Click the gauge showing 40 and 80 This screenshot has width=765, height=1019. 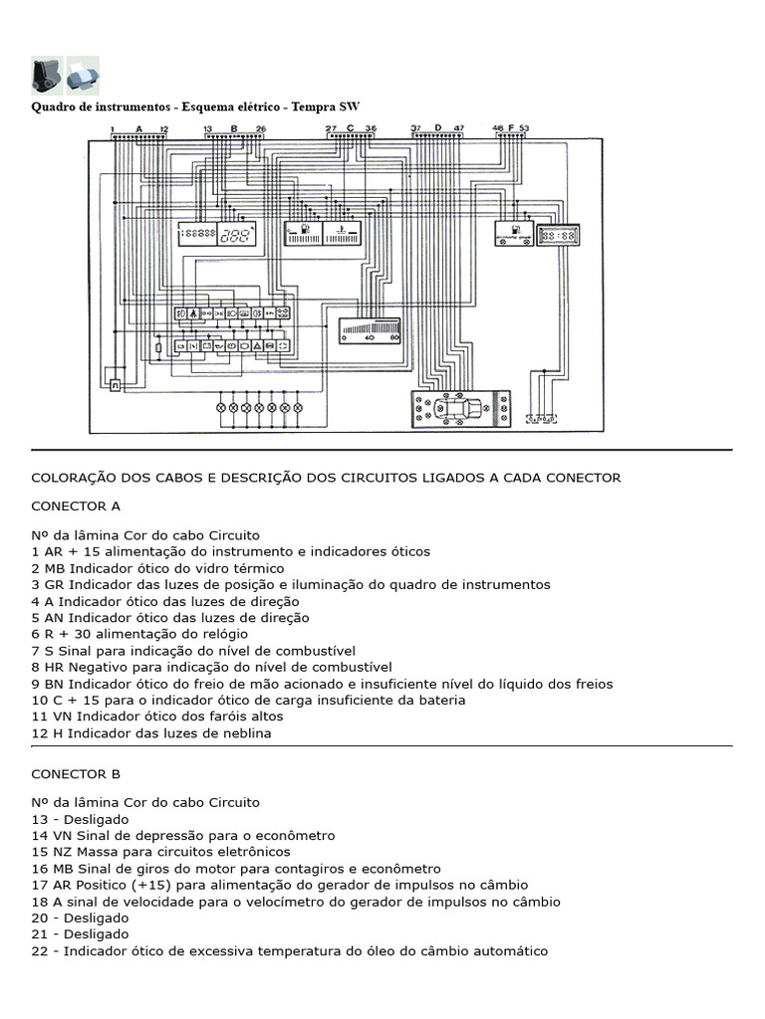(369, 329)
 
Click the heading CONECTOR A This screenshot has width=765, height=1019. (76, 506)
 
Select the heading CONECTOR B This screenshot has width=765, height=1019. (76, 773)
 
